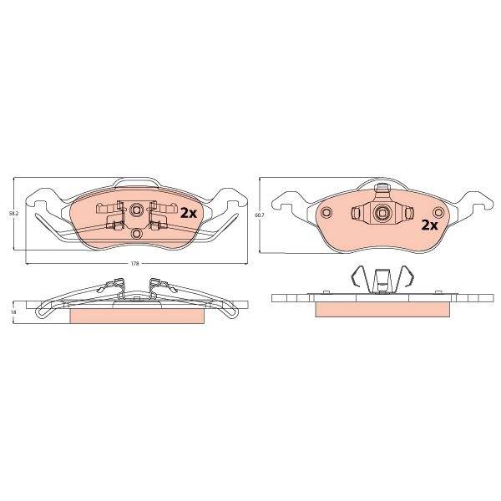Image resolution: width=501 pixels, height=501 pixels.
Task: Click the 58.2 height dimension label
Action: [x=13, y=215]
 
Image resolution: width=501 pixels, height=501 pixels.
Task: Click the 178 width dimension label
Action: [x=134, y=265]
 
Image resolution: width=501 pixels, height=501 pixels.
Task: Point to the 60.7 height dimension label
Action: [x=259, y=215]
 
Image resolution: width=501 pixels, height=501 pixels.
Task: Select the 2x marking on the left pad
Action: [x=188, y=213]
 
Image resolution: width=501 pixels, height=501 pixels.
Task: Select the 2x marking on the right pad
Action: [x=429, y=225]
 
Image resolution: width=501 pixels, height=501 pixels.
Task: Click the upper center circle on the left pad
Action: [x=134, y=209]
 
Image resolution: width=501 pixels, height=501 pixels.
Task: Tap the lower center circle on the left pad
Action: [x=134, y=233]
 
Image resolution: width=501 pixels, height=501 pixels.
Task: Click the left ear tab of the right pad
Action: [x=288, y=201]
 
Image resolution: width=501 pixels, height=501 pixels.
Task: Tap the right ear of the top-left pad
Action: [x=229, y=201]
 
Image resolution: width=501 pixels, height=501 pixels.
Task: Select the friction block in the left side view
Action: [x=138, y=316]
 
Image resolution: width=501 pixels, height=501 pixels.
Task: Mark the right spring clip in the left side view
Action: [x=157, y=288]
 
